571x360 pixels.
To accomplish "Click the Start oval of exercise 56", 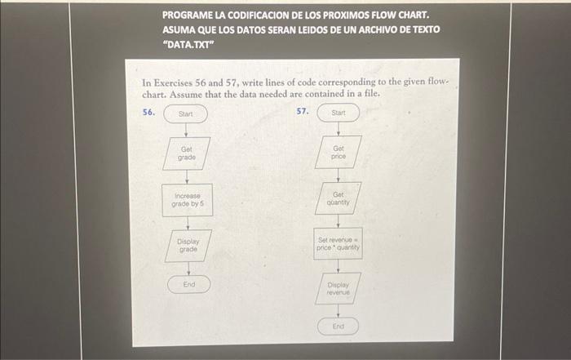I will (186, 113).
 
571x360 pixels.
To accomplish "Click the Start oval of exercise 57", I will (339, 113).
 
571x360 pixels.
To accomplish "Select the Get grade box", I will (187, 153).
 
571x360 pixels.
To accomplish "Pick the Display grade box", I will (188, 246).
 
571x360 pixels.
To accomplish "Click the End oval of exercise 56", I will (189, 284).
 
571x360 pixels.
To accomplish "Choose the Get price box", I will (339, 152).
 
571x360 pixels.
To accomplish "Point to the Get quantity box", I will (338, 199).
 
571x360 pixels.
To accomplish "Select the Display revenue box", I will (338, 287).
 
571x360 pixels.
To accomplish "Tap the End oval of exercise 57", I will (339, 326).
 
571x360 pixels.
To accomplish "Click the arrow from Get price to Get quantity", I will (338, 176).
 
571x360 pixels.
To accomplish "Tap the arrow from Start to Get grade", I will (186, 130).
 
